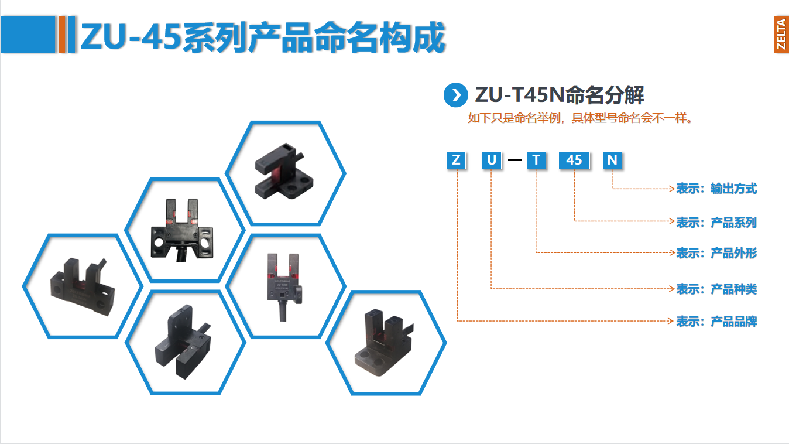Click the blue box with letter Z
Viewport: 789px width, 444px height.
pyautogui.click(x=456, y=160)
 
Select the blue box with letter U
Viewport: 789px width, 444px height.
pyautogui.click(x=492, y=160)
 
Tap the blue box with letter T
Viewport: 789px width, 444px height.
pyautogui.click(x=536, y=160)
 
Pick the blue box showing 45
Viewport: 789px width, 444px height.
pyautogui.click(x=574, y=160)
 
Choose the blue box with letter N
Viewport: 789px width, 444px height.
pyautogui.click(x=612, y=160)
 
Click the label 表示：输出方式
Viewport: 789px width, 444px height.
pyautogui.click(x=716, y=189)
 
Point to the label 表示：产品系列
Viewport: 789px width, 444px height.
pyautogui.click(x=716, y=223)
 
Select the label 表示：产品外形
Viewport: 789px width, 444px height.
pyautogui.click(x=716, y=253)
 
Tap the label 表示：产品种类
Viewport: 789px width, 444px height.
pyautogui.click(x=716, y=289)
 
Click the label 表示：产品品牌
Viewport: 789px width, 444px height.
pyautogui.click(x=716, y=322)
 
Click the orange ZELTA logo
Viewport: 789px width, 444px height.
pyautogui.click(x=781, y=35)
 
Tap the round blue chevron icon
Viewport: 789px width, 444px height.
pyautogui.click(x=456, y=95)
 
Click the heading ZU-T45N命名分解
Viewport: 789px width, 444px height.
pyautogui.click(x=560, y=94)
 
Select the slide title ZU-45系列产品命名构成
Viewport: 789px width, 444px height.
pyautogui.click(x=263, y=36)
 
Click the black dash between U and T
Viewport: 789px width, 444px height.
pyautogui.click(x=514, y=160)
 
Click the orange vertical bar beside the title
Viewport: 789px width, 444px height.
pyautogui.click(x=63, y=35)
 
